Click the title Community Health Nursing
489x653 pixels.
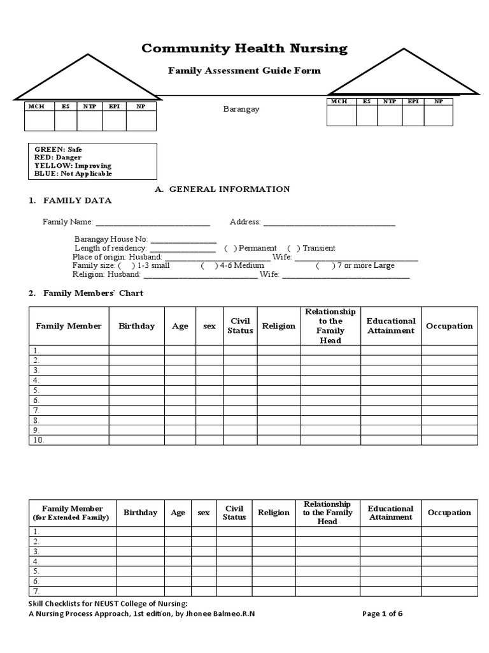(244, 48)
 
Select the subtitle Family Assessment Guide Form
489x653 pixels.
(244, 71)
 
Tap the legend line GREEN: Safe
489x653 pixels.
(58, 149)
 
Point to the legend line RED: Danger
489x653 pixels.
(58, 158)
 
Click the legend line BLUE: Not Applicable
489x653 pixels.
(73, 173)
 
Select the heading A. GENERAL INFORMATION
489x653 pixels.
(223, 189)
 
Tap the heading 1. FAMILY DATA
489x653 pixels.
(70, 201)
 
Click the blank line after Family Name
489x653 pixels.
(152, 223)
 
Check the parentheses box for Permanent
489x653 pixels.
(230, 248)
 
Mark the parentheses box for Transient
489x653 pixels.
(294, 248)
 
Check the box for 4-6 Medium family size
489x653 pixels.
(208, 265)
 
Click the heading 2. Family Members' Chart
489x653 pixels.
(86, 293)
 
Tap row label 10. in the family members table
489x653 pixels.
(38, 440)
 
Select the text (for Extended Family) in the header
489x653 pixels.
(71, 518)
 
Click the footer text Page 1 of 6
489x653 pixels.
(382, 614)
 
